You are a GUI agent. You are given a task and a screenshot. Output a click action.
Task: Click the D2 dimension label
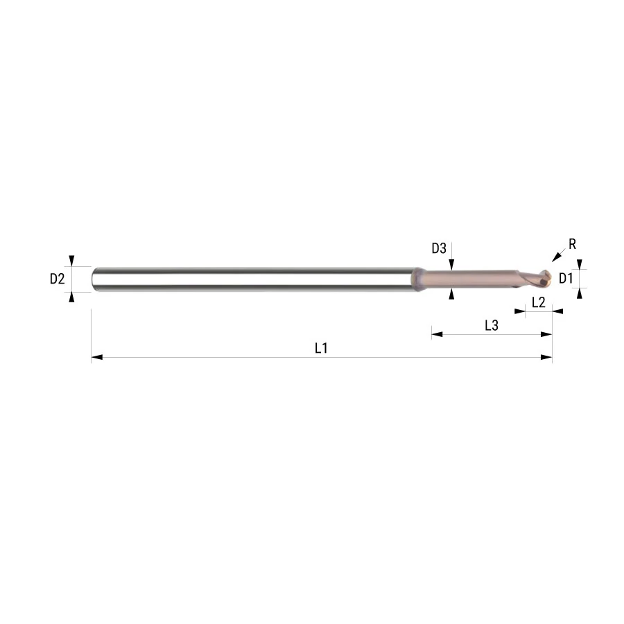pyautogui.click(x=58, y=279)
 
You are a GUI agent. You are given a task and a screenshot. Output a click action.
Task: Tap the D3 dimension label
pyautogui.click(x=439, y=248)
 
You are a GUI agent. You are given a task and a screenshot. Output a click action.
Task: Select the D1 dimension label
pyautogui.click(x=566, y=279)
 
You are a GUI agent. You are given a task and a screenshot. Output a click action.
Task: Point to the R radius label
pyautogui.click(x=572, y=244)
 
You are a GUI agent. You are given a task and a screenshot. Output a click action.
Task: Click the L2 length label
pyautogui.click(x=538, y=302)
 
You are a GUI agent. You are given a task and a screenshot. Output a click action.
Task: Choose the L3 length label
pyautogui.click(x=492, y=326)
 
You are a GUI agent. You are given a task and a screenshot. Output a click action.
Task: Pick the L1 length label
pyautogui.click(x=321, y=348)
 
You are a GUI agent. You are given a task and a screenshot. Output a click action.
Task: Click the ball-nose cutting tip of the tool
pyautogui.click(x=543, y=278)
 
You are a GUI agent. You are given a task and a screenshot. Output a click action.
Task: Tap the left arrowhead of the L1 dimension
pyautogui.click(x=96, y=357)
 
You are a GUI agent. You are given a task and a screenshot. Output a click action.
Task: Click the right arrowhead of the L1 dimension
pyautogui.click(x=546, y=357)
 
